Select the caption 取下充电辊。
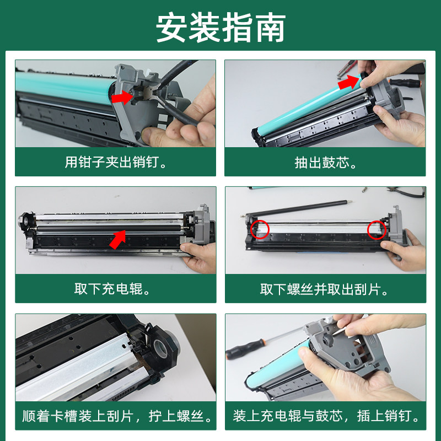[x=115, y=289]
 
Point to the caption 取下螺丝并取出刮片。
[x=325, y=289]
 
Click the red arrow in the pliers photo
[x=121, y=97]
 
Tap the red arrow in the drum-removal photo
[x=348, y=83]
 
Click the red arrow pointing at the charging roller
[x=117, y=238]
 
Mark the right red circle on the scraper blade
[x=377, y=229]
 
